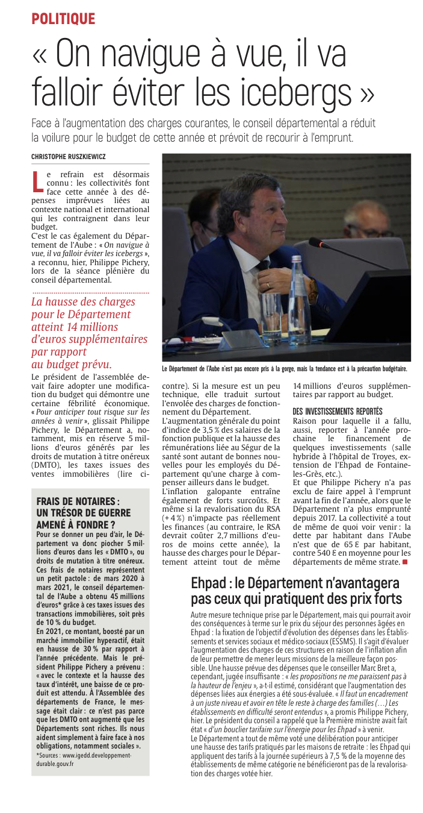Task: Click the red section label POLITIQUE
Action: (x=63, y=19)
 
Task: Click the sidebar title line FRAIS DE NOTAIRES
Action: (x=78, y=501)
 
